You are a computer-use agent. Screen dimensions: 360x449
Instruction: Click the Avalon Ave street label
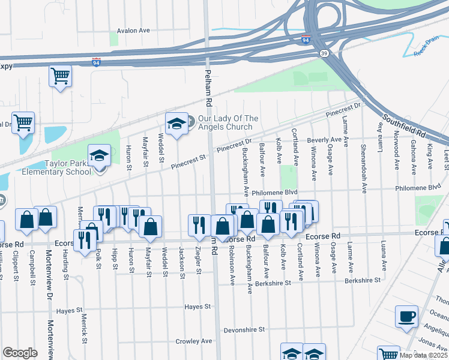tap(133, 31)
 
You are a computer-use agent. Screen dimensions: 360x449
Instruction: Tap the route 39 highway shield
tap(324, 53)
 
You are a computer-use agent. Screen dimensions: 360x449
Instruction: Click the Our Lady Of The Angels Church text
tap(228, 122)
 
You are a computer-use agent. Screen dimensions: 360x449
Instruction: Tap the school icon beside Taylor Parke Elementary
tap(99, 156)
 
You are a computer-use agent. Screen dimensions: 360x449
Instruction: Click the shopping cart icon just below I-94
tap(60, 76)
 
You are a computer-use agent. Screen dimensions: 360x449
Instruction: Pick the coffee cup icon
tap(406, 316)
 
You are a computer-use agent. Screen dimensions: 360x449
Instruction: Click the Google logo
tap(20, 353)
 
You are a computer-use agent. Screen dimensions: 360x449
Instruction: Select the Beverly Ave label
tap(324, 140)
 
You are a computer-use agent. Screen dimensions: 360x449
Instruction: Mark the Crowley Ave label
tap(193, 341)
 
